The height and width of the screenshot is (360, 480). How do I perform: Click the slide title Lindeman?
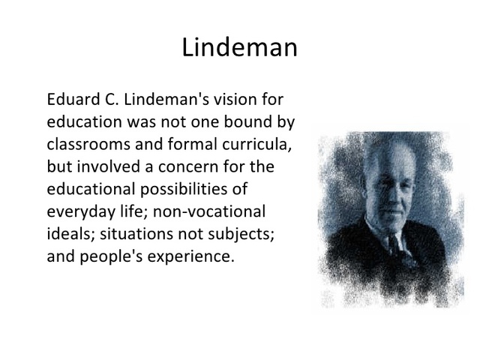click(x=239, y=48)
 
